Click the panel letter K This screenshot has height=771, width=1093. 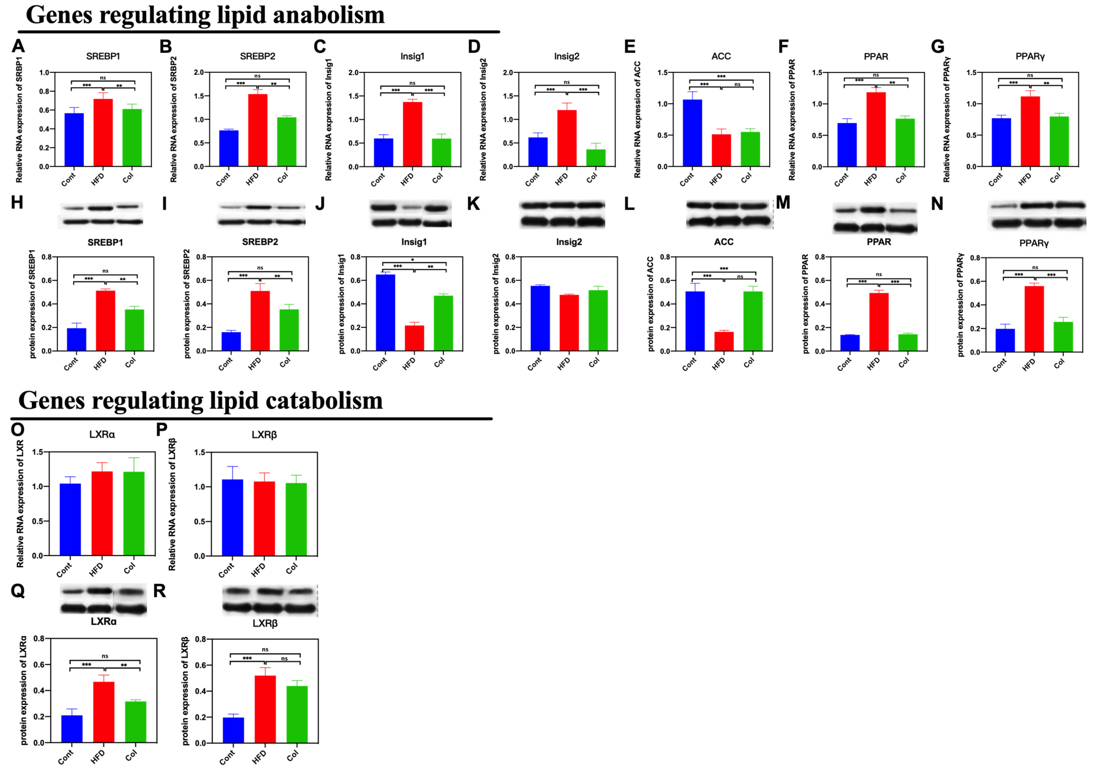point(473,204)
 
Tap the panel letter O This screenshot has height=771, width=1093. point(18,429)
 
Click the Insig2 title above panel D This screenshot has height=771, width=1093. point(567,56)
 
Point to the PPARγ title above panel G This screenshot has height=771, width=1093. point(1030,56)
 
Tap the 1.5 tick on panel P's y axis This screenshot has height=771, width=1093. point(199,453)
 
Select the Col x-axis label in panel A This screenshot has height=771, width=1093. point(128,178)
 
